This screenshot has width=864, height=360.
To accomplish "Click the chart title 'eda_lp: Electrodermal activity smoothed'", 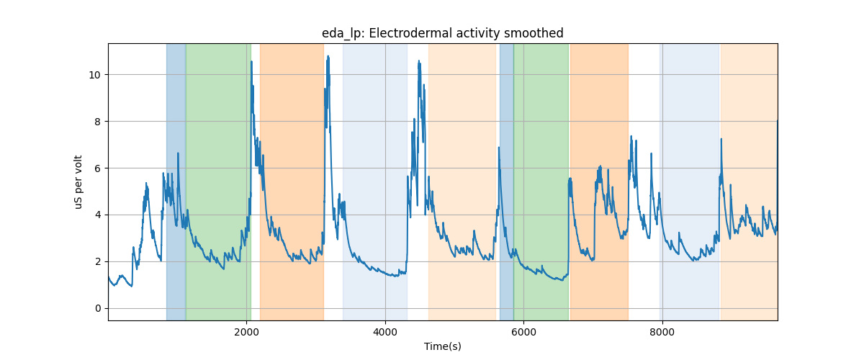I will (x=442, y=33).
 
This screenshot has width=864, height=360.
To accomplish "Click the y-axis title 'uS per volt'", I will (x=78, y=182).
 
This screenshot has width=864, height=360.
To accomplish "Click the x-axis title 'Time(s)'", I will (x=442, y=346).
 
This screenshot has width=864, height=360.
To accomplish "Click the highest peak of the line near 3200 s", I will (x=328, y=56).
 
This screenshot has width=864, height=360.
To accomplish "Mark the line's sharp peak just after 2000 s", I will (x=251, y=61).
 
